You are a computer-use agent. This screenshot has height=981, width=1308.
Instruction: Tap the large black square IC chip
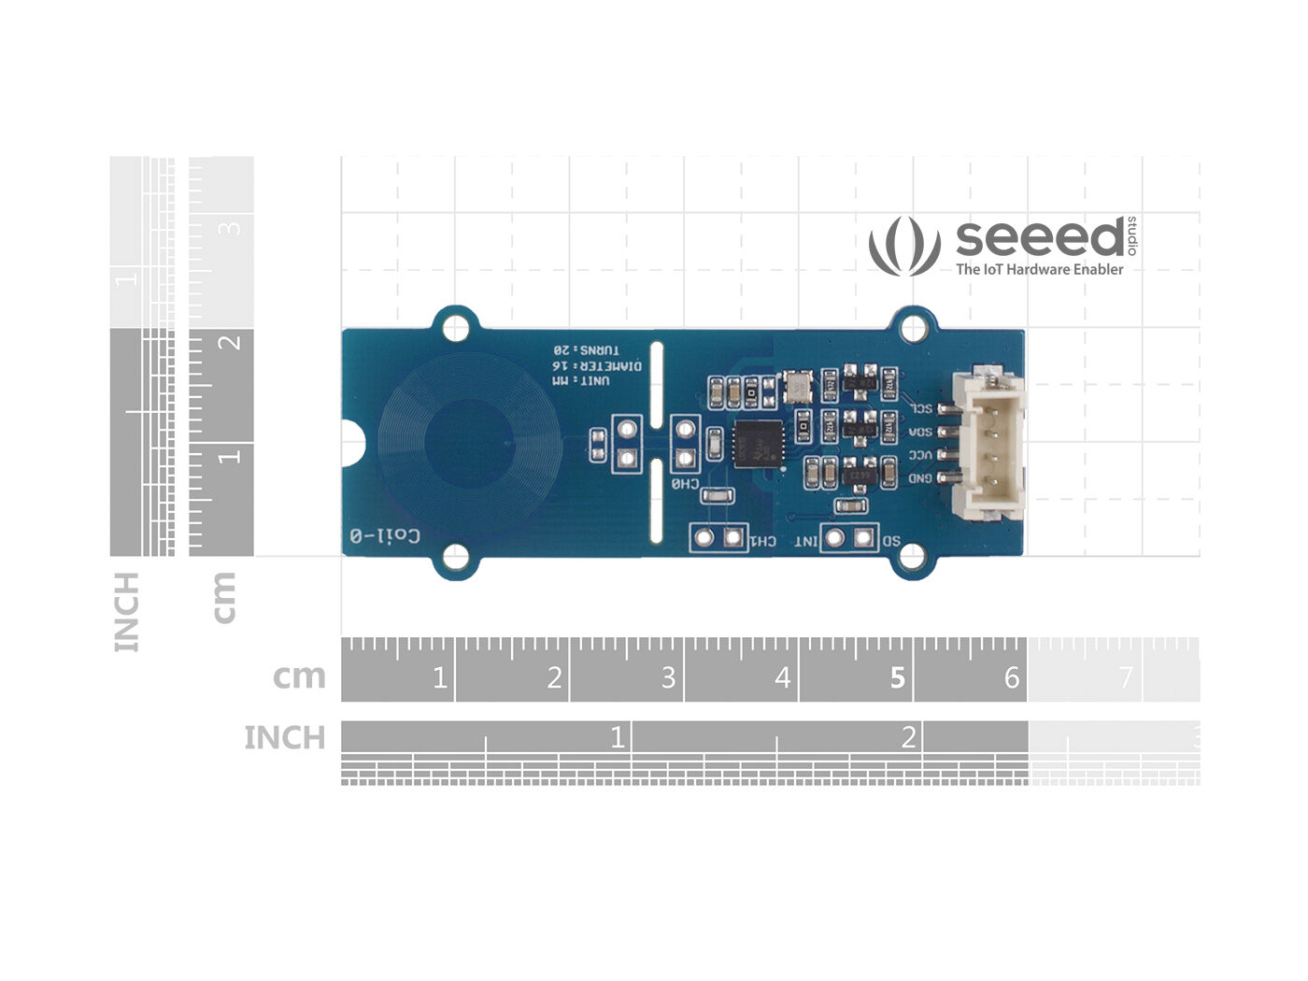(758, 443)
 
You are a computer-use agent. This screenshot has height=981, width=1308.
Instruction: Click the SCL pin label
(921, 408)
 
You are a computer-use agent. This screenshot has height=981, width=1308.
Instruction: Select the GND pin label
(921, 478)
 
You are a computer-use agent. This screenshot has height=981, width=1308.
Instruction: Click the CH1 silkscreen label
(763, 541)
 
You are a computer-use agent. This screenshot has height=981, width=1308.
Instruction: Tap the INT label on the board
(804, 541)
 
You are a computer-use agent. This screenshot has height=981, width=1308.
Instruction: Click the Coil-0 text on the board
(385, 535)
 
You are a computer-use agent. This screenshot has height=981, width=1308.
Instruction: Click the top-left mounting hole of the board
(456, 327)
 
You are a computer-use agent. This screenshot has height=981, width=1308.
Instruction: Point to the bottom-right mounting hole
(911, 557)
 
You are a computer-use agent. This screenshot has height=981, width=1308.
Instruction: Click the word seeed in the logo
(1040, 239)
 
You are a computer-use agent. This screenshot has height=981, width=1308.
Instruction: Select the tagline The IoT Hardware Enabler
(1039, 269)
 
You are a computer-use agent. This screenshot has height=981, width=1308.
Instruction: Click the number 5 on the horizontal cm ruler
(897, 677)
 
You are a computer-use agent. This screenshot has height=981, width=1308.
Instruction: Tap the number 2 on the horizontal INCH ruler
(908, 738)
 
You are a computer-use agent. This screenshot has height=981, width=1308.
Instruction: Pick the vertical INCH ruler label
(126, 612)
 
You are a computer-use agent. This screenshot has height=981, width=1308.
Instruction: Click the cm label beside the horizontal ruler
(299, 676)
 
